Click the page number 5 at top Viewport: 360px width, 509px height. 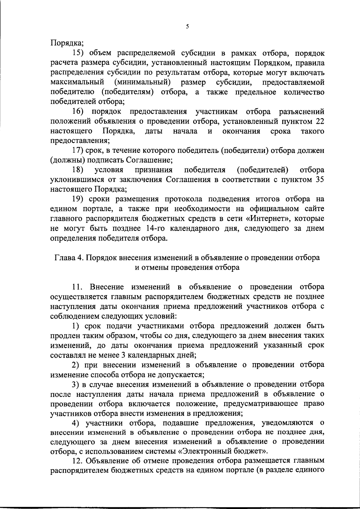click(187, 26)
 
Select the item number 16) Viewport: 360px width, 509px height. click(79, 112)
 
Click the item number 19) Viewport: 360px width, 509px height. click(79, 199)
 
